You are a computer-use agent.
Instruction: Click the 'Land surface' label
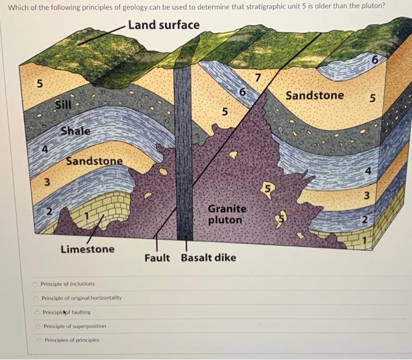tap(163, 25)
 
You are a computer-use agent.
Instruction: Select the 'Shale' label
tap(75, 131)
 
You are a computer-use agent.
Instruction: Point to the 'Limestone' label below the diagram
tap(88, 249)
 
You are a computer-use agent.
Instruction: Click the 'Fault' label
tap(157, 258)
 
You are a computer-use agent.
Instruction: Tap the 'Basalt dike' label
tap(208, 258)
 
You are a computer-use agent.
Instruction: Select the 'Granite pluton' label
tap(227, 214)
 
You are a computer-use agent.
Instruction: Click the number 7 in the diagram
tap(257, 77)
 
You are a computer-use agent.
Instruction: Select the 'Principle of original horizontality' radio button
tap(36, 298)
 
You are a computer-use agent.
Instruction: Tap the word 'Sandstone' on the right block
tap(315, 95)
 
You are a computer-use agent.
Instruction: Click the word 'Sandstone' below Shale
tap(94, 161)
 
